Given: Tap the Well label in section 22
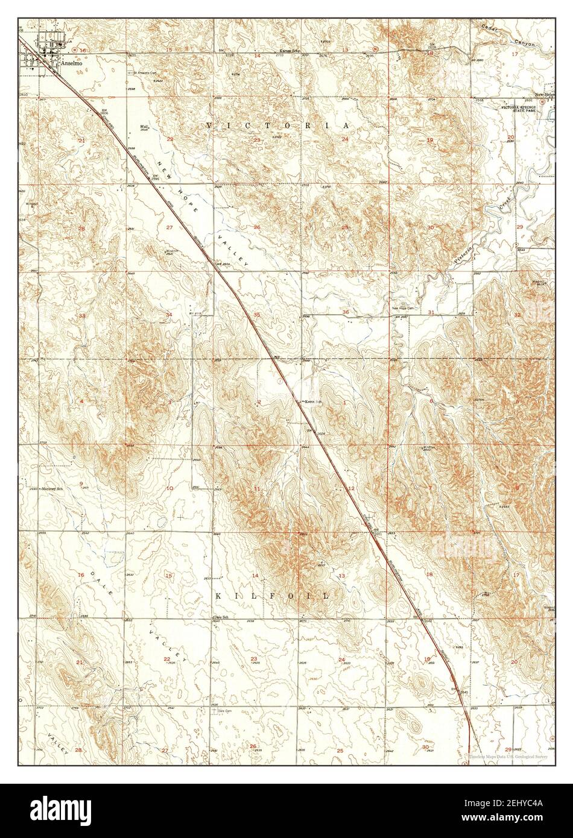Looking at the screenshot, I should tap(144, 127).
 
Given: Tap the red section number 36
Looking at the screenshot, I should tap(346, 312).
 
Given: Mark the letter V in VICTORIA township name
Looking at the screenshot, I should tap(209, 125).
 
